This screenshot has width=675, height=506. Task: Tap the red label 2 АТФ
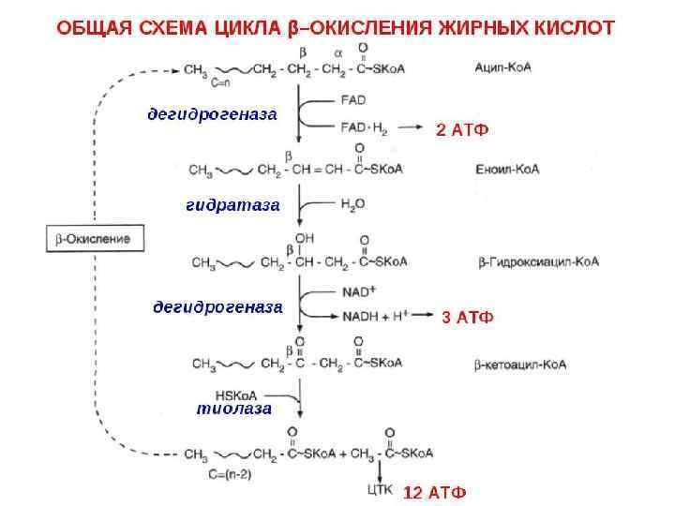point(462,131)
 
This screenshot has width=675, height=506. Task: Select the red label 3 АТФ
point(466,318)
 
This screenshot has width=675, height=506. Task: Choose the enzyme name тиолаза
point(234,409)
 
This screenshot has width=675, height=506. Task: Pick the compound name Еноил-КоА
point(507,170)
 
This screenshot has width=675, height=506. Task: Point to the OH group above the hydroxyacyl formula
point(304,237)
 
